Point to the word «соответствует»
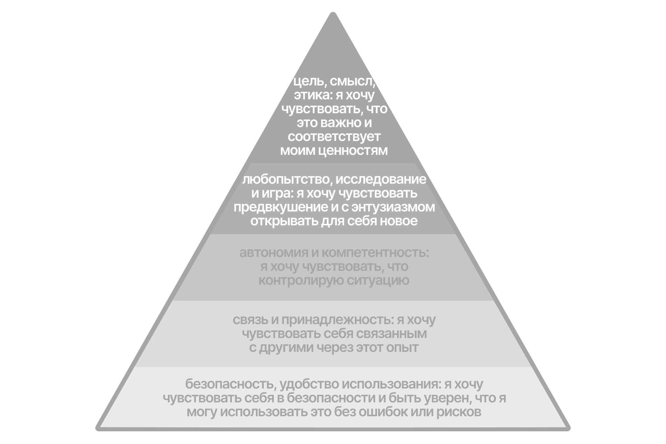pyautogui.click(x=334, y=137)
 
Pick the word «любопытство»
pyautogui.click(x=286, y=179)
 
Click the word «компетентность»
pyautogui.click(x=375, y=253)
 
